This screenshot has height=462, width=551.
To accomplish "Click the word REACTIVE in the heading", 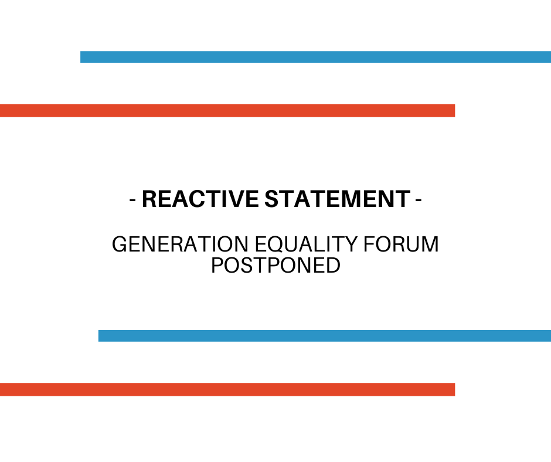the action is point(200,199).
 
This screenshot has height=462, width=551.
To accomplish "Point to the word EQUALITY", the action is point(306,244).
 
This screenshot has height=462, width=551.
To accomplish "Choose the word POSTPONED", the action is point(276,265).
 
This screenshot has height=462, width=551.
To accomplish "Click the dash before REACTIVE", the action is point(132,200).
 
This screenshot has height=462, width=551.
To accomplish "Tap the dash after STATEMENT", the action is point(419,200).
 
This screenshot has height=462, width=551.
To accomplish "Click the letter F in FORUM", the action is point(369,244).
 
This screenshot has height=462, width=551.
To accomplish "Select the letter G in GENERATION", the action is point(120,244).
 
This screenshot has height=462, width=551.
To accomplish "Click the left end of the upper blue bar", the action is point(81,57).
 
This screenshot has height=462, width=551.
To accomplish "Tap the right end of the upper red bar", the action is point(455,110).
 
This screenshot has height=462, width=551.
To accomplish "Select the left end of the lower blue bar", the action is point(98,336).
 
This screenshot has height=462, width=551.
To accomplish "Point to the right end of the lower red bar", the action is point(455,389).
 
